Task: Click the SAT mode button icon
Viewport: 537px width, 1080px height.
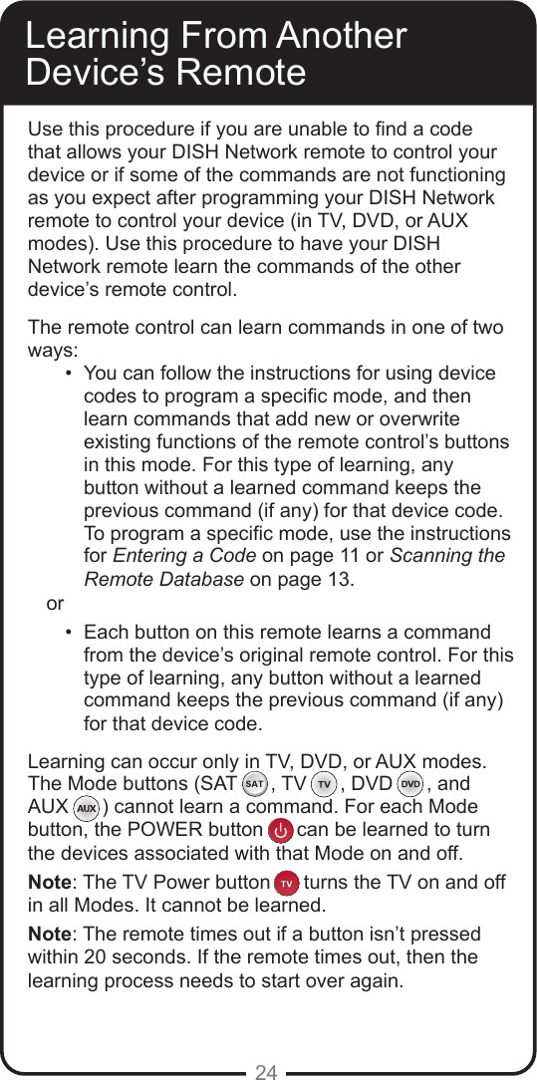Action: point(254,783)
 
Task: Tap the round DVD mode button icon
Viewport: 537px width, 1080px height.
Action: point(409,783)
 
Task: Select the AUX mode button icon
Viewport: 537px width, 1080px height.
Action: point(87,806)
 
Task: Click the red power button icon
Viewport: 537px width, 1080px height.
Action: point(282,830)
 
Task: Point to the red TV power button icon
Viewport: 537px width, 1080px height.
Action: point(286,883)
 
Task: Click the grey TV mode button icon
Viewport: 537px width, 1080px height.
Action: point(323,783)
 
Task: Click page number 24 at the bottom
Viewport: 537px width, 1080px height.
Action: point(266,1072)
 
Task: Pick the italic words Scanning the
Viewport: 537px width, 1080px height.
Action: point(447,556)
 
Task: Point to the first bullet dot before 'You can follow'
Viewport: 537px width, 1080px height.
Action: point(67,374)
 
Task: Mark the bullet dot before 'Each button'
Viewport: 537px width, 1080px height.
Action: point(67,633)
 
